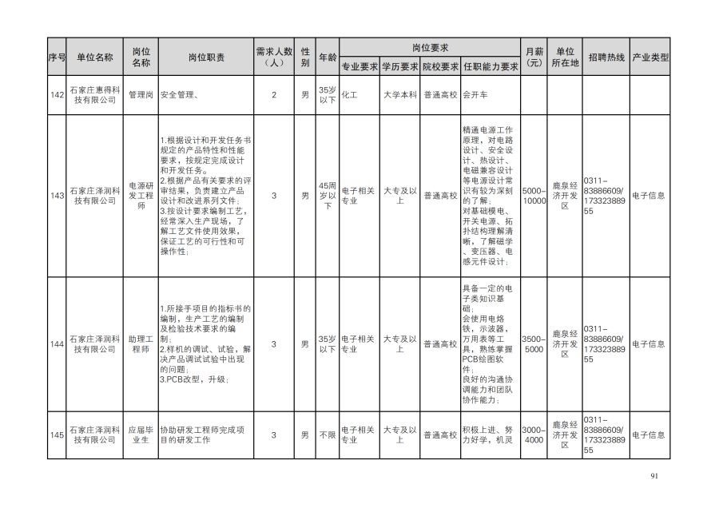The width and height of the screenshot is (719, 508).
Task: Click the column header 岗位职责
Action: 206,58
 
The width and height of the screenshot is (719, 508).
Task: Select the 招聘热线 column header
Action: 606,58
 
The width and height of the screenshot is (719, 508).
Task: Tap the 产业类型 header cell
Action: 650,58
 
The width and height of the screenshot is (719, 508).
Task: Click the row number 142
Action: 57,94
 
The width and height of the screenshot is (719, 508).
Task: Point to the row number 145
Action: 57,435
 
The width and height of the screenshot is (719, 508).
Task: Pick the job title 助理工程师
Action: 141,344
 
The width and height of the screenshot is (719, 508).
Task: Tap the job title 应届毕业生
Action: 141,435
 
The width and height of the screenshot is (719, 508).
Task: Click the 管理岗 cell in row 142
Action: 141,94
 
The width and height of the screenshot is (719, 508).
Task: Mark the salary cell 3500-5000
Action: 534,344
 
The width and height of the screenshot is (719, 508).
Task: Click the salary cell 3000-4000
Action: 534,435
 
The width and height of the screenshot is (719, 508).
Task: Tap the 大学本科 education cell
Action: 399,94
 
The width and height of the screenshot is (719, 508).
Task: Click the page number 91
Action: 654,477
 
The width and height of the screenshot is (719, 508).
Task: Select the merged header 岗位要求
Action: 430,47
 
